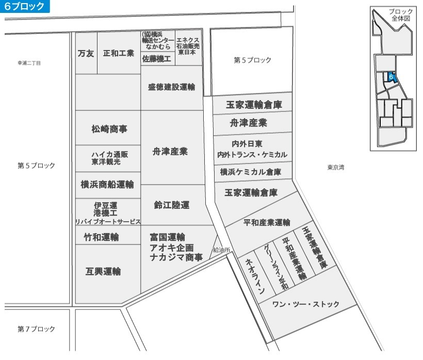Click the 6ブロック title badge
[x=25, y=6]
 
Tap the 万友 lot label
[x=86, y=54]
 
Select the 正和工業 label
[x=119, y=53]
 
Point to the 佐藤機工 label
[x=156, y=58]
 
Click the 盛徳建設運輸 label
[x=171, y=87]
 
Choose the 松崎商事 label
[x=109, y=129]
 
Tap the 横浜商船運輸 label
[x=107, y=185]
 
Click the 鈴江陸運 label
[x=172, y=205]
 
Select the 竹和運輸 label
[x=102, y=237]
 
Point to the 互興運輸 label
[x=103, y=271]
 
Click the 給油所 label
[x=221, y=250]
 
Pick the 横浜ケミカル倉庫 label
[x=251, y=172]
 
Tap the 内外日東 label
[x=247, y=144]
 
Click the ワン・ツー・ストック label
[x=306, y=304]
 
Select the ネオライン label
[x=255, y=276]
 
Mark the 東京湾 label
[x=336, y=167]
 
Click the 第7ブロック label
[x=36, y=329]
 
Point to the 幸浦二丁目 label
[x=29, y=63]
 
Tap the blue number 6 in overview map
[x=391, y=77]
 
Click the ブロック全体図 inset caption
[x=401, y=15]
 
